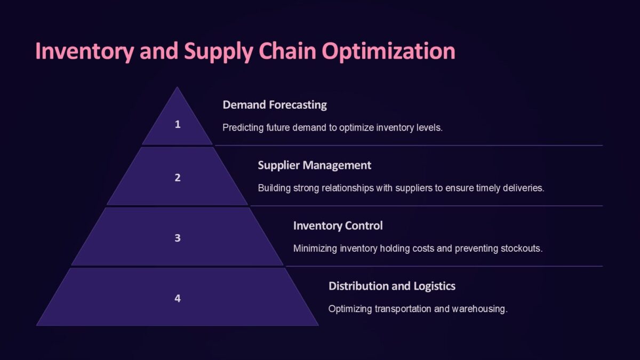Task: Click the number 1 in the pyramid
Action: pos(178,124)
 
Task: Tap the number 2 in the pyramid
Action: pos(178,178)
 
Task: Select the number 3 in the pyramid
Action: pos(178,238)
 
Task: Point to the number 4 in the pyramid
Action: pos(178,298)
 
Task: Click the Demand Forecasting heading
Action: pos(275,105)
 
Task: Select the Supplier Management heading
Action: pos(314,165)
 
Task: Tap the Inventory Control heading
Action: pos(338,226)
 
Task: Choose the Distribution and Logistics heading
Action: pos(391,286)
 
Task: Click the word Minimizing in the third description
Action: pos(315,249)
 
